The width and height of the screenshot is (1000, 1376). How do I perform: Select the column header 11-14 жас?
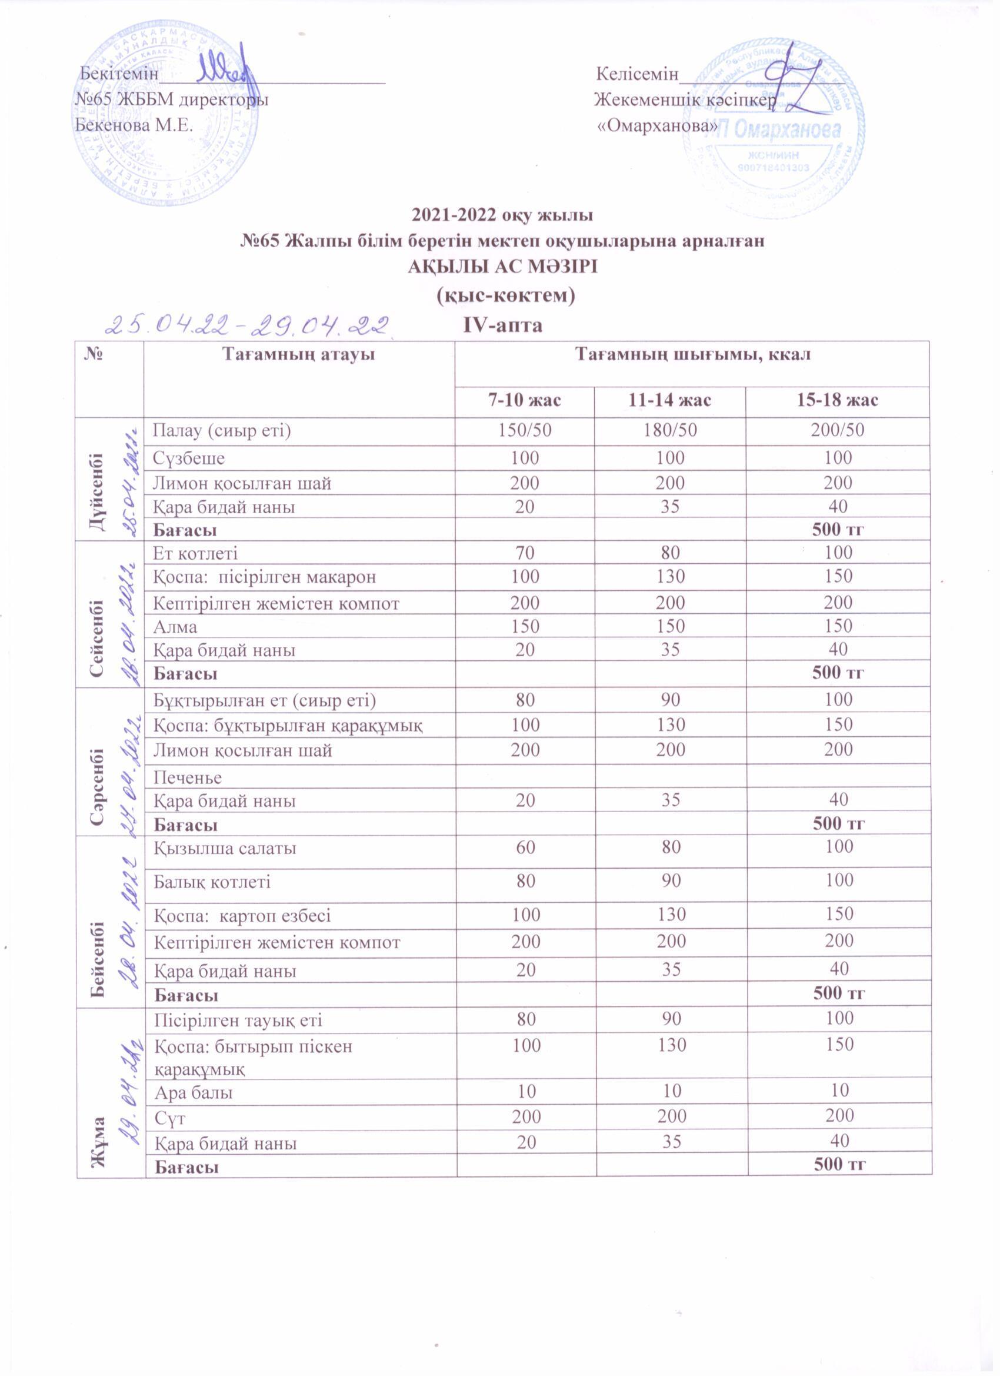669,400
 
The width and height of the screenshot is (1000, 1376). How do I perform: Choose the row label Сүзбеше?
188,457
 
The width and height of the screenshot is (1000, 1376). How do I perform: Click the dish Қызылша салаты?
224,847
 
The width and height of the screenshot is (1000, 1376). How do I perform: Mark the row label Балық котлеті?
212,882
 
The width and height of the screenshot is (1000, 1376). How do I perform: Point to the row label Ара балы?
194,1093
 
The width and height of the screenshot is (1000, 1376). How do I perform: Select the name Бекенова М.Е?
134,125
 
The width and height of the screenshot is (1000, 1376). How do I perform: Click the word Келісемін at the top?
636,74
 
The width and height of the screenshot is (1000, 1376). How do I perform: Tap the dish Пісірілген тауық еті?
238,1020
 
